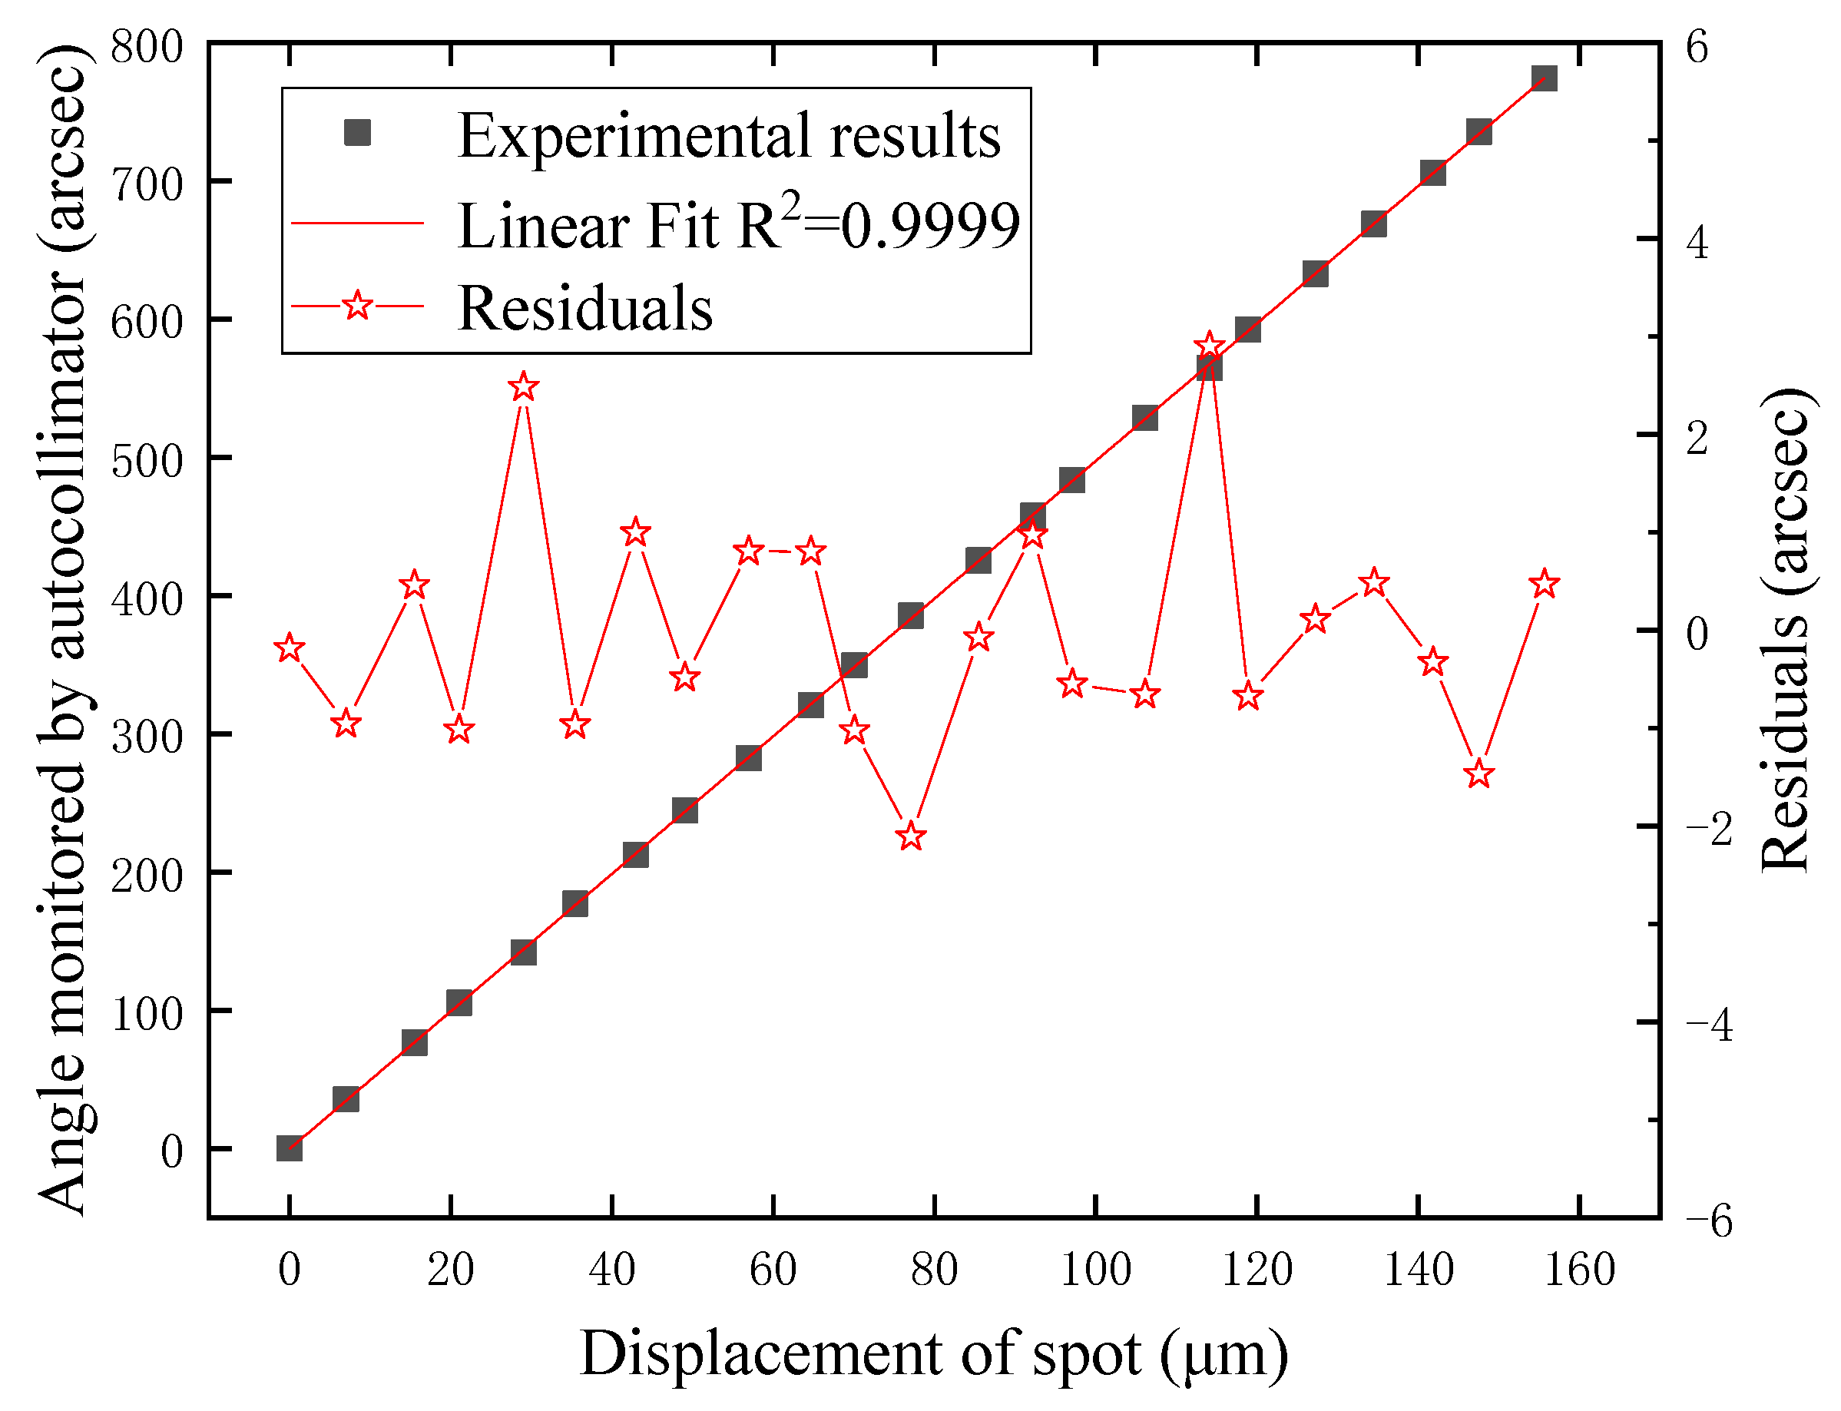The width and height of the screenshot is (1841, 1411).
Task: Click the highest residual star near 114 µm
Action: [1209, 346]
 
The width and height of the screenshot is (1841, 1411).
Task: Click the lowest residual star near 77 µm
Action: [911, 836]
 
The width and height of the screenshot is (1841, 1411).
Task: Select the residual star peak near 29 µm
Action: [523, 387]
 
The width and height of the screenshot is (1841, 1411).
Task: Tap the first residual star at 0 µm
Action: [290, 648]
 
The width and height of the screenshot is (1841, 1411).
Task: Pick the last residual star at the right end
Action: [1545, 584]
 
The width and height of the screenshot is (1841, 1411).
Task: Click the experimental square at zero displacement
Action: [290, 1148]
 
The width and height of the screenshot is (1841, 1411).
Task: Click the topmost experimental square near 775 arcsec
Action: [1545, 79]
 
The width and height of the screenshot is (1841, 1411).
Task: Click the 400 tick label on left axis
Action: [146, 599]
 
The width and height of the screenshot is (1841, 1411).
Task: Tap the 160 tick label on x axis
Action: [1580, 1269]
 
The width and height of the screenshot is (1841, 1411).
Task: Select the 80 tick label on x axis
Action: [934, 1269]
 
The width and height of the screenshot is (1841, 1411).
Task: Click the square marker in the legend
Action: [358, 133]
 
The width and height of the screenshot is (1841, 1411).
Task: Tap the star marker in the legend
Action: [358, 306]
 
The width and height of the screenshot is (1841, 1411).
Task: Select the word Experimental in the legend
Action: [634, 136]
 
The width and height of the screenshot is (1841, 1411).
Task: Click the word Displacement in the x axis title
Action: [760, 1354]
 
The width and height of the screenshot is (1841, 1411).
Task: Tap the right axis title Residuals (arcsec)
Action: [1786, 630]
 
